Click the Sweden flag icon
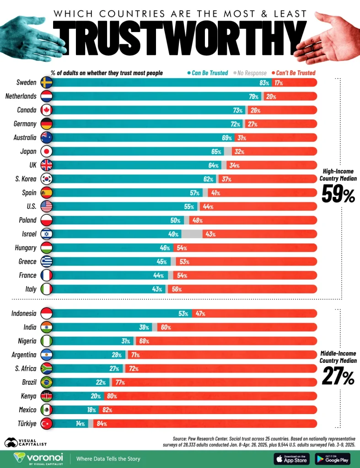(x=46, y=83)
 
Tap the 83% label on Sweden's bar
(x=264, y=83)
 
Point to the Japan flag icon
(x=46, y=151)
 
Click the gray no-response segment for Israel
(x=192, y=234)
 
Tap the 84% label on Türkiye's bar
(x=102, y=424)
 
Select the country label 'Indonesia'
(x=23, y=314)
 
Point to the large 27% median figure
(x=338, y=378)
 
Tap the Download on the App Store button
(x=291, y=459)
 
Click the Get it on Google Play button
(x=333, y=459)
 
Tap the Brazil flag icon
(x=46, y=382)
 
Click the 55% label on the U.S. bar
(x=189, y=207)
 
